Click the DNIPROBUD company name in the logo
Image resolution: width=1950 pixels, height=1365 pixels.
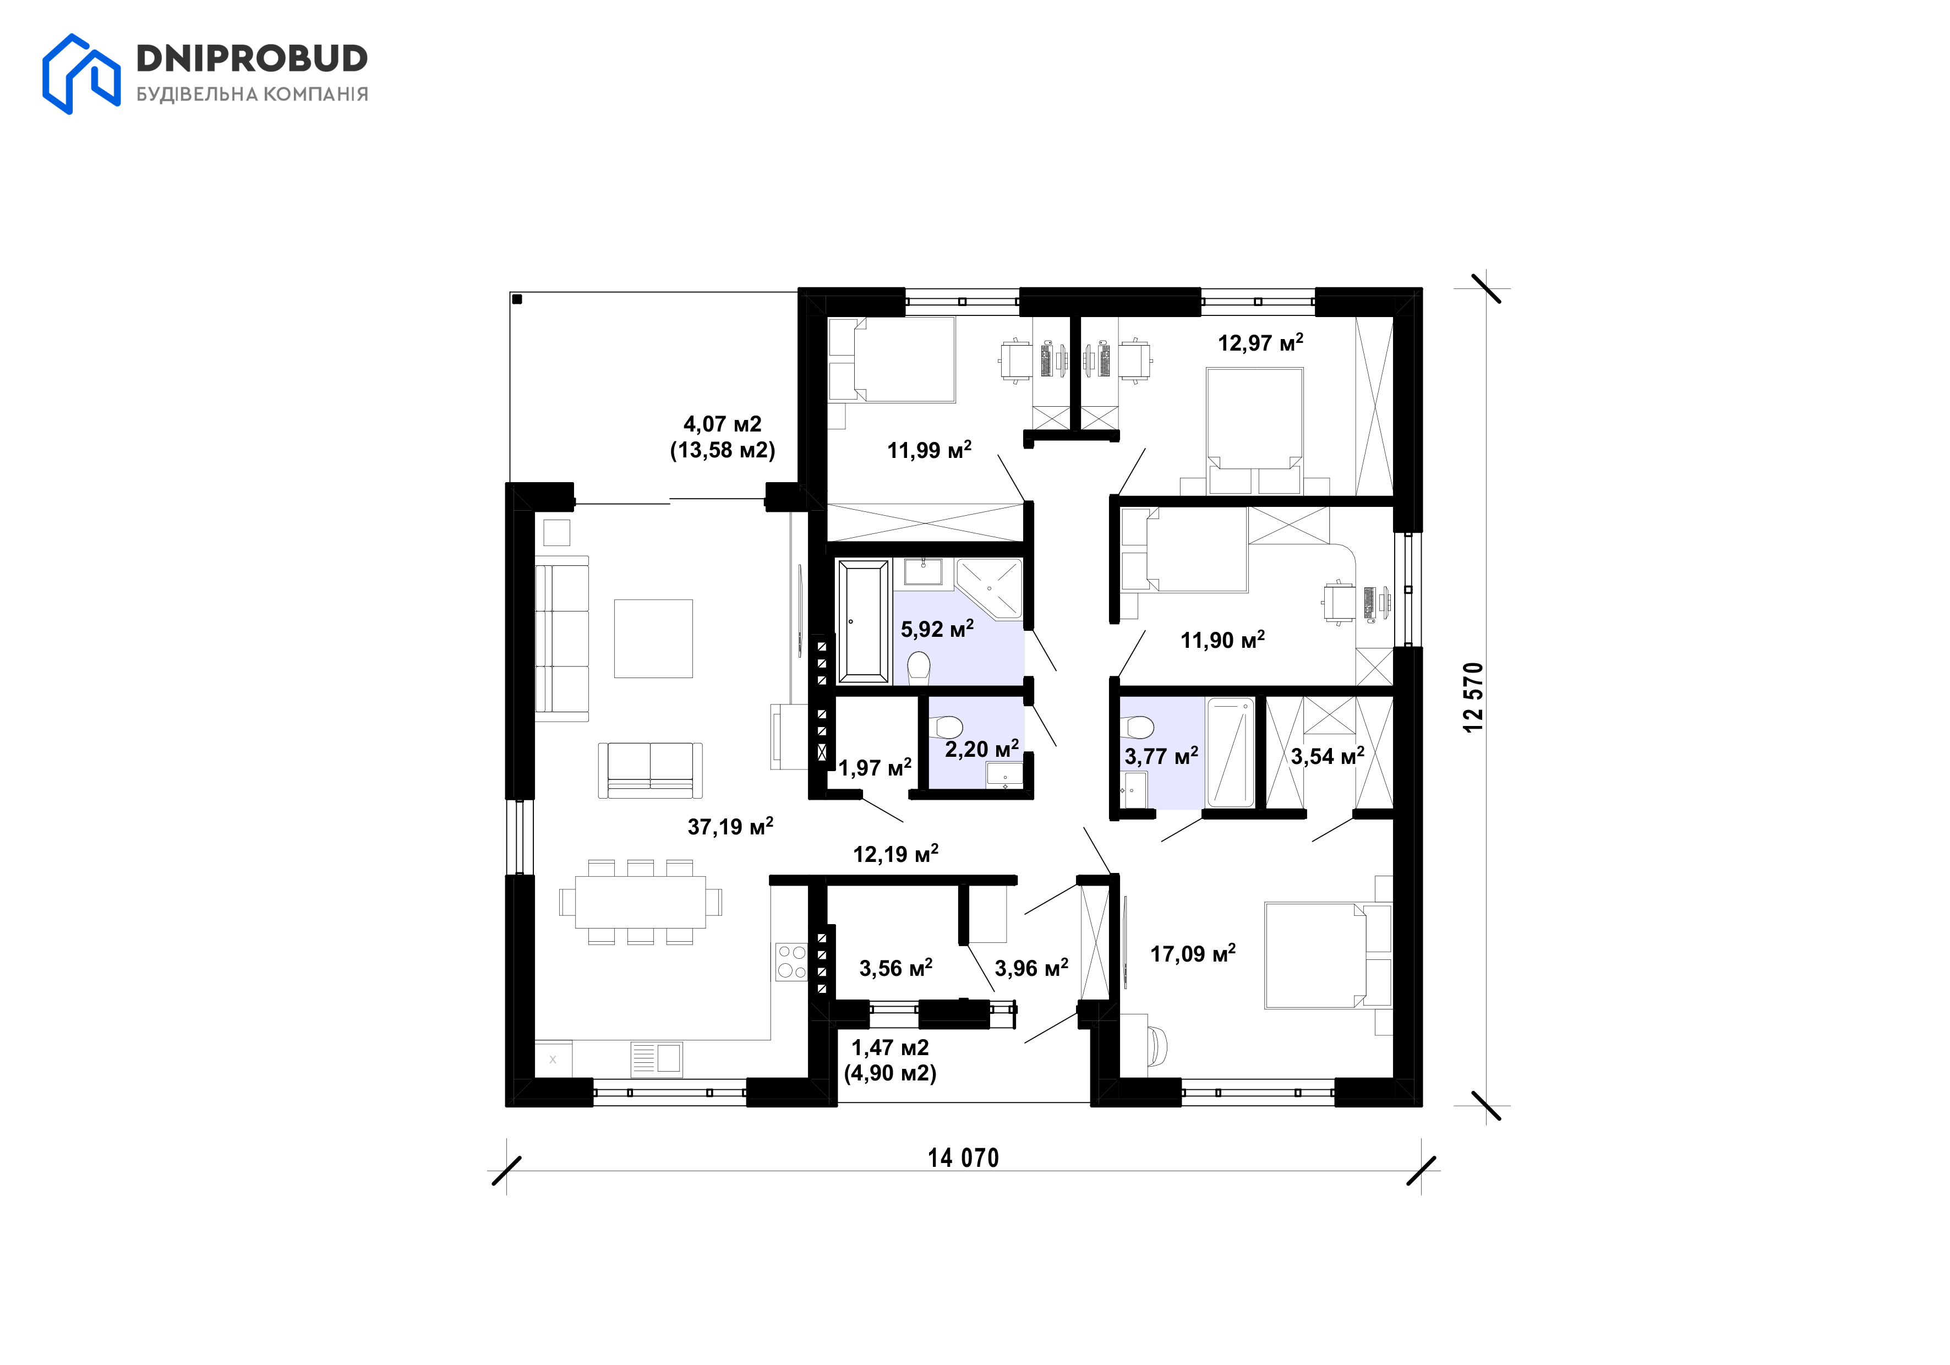pyautogui.click(x=252, y=58)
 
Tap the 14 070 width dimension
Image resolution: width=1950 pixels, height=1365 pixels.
pyautogui.click(x=963, y=1157)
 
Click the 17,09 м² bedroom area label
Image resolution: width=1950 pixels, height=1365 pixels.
pyautogui.click(x=1193, y=953)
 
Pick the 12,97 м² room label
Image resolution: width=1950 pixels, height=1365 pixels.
pyautogui.click(x=1260, y=342)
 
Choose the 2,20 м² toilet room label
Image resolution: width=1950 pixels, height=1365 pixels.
pyautogui.click(x=982, y=749)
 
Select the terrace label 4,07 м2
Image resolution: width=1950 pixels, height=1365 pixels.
pyautogui.click(x=723, y=423)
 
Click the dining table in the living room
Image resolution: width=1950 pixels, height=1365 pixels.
pyautogui.click(x=641, y=902)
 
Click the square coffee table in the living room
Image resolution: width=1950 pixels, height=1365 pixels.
pyautogui.click(x=653, y=639)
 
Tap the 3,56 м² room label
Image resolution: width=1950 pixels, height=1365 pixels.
pyautogui.click(x=896, y=968)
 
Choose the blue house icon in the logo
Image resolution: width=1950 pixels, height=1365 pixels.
pyautogui.click(x=81, y=74)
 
